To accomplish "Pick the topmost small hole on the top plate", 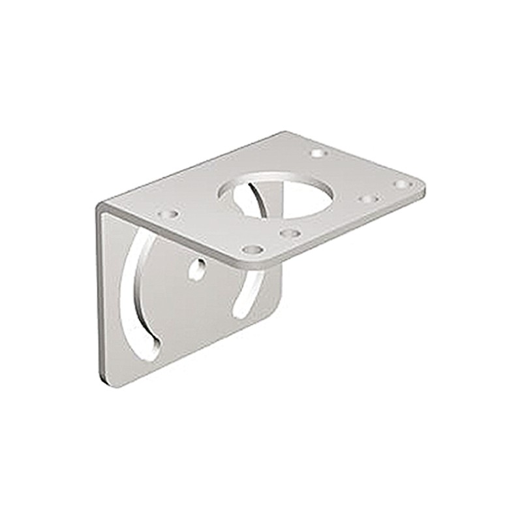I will point(318,153).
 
